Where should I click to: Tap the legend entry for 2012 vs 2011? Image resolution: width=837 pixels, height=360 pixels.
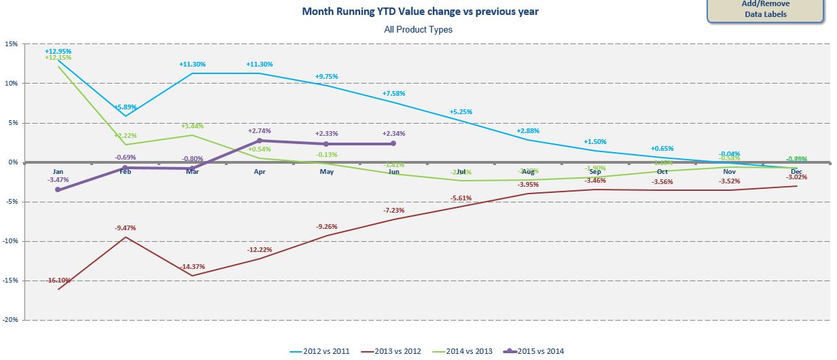coord(325,350)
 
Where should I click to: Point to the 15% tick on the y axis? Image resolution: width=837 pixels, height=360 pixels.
coord(12,44)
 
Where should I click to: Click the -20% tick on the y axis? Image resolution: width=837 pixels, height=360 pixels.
coord(10,320)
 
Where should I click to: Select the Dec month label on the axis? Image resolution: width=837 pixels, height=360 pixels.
coord(796,172)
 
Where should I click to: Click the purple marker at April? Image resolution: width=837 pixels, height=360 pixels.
coord(260,141)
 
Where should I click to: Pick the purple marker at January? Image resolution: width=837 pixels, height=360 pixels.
coord(58,190)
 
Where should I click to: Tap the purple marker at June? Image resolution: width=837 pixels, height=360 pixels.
coord(394,143)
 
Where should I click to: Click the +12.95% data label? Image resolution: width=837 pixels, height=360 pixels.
coord(58,51)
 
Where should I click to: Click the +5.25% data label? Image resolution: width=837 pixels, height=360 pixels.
coord(461,112)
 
